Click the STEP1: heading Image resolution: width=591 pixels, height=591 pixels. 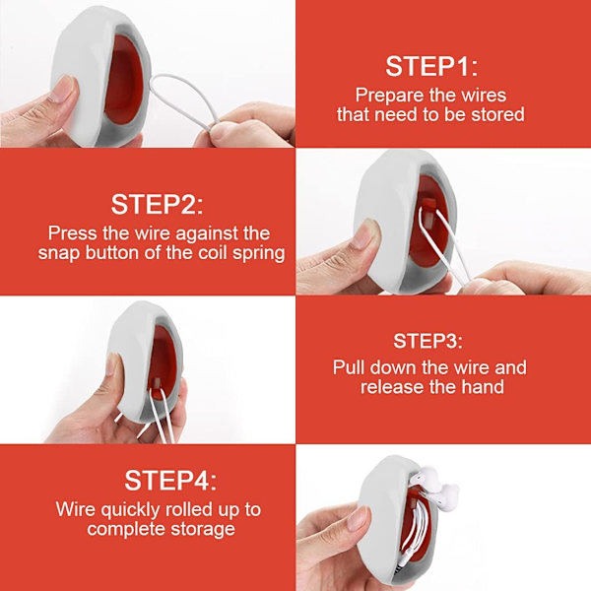click(x=431, y=66)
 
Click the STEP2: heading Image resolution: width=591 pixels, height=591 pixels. click(x=157, y=204)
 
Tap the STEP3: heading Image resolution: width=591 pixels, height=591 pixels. click(x=427, y=341)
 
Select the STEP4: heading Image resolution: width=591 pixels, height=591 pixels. click(x=170, y=481)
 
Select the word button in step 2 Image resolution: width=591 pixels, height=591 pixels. click(x=112, y=252)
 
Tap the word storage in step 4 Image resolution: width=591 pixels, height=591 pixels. click(x=203, y=529)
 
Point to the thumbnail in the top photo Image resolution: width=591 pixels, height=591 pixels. click(x=63, y=89)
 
